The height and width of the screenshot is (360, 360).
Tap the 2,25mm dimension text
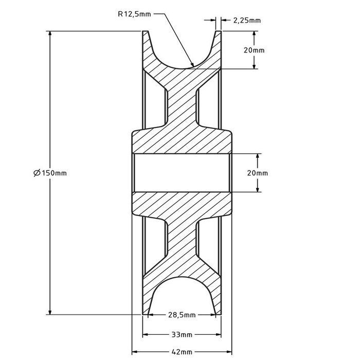pos(247,21)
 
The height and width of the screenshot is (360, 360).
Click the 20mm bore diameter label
pos(257,173)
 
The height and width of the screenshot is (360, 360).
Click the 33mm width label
pos(182,334)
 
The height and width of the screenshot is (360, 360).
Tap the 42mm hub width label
pos(182,352)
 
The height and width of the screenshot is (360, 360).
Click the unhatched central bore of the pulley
pos(182,173)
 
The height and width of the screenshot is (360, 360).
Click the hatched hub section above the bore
pos(182,141)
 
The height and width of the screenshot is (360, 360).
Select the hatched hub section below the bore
pos(182,205)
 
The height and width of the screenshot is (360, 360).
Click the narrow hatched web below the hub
pos(182,242)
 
